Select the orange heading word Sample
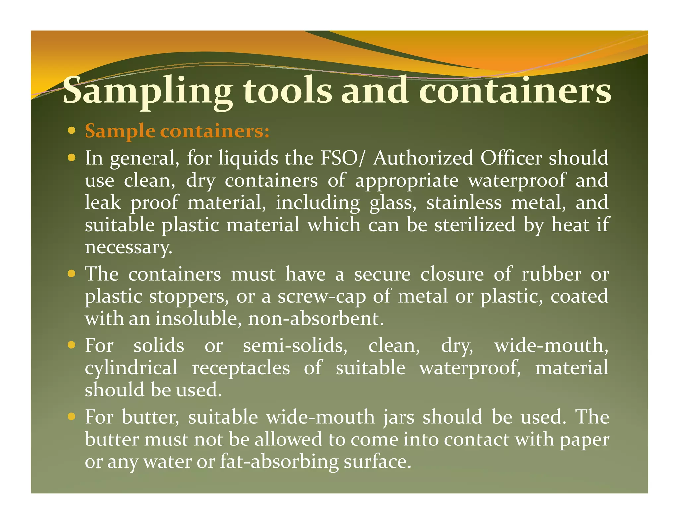coord(120,131)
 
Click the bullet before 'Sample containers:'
coord(71,131)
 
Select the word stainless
coord(464,202)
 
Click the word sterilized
coord(475,225)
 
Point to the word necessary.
coord(129,247)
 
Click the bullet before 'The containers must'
coord(71,274)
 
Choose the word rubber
coord(551,274)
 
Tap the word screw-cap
coord(322,297)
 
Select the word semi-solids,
coord(295,346)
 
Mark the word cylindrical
coord(131,368)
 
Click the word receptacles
coord(241,368)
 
